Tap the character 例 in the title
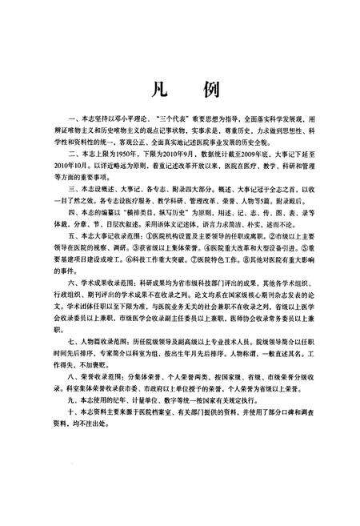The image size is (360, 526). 207,87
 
